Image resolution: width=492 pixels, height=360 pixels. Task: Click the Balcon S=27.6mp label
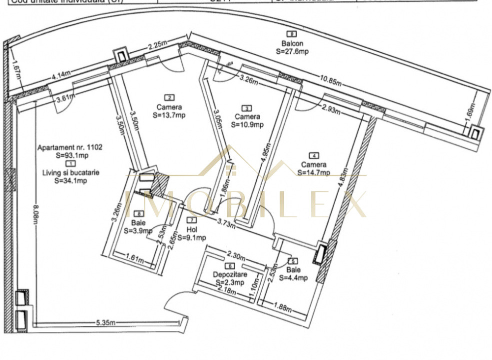292,47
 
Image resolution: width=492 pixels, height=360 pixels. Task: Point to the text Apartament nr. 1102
70,147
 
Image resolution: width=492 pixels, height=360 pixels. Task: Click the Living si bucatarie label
70,172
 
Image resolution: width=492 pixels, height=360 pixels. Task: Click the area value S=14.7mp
313,172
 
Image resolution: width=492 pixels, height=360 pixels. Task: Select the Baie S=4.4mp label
293,274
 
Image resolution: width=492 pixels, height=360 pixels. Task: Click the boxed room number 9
293,34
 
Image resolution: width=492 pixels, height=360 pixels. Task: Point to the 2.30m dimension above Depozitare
236,255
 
